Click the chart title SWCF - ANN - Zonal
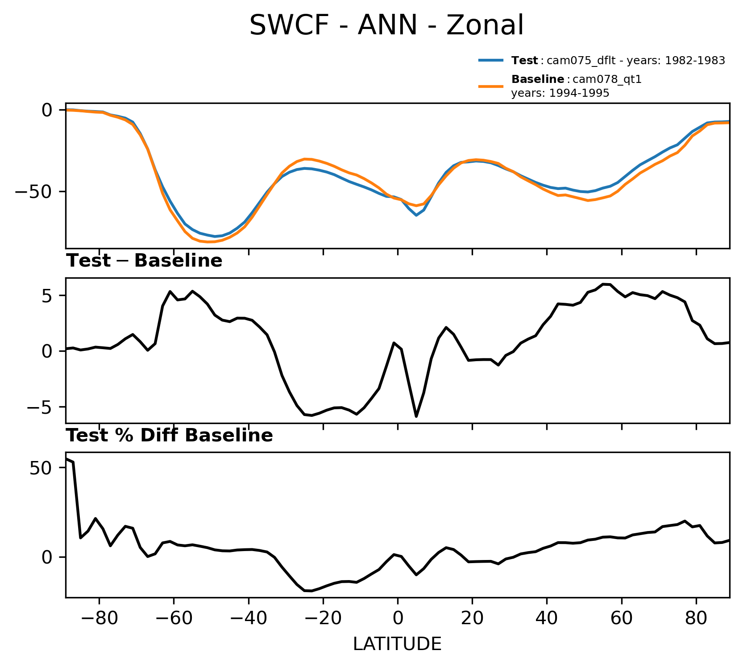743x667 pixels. coord(386,25)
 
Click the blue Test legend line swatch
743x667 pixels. coord(491,60)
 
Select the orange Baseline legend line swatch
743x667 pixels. coord(491,86)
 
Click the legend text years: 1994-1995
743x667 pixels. coord(560,93)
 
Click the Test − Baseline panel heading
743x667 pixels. coord(144,261)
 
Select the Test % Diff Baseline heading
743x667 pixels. coord(170,436)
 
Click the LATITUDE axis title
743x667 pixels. coord(397,644)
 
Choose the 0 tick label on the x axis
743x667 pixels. coord(397,620)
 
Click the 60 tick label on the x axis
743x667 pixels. coord(621,620)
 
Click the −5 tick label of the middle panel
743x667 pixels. coord(40,407)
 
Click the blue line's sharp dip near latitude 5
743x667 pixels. coord(416,215)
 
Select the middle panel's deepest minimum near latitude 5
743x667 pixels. coord(416,416)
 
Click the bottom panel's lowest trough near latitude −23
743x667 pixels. coord(311,591)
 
